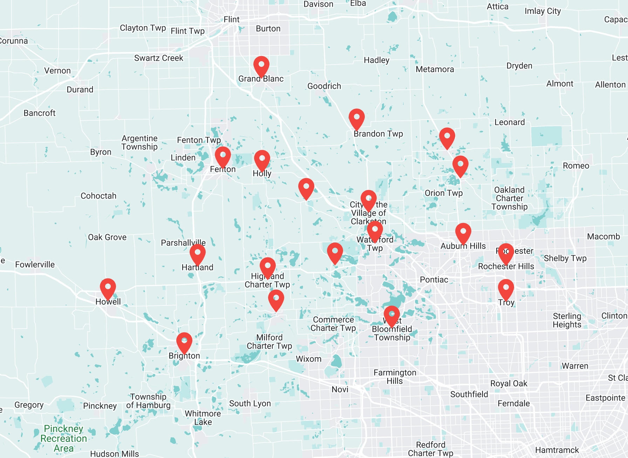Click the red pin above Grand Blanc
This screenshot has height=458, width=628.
[261, 65]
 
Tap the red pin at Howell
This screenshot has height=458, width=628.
[108, 288]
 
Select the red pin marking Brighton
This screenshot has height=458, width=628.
[184, 342]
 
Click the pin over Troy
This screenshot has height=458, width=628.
[506, 288]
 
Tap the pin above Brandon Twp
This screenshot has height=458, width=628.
[356, 118]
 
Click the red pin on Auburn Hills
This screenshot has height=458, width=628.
[463, 232]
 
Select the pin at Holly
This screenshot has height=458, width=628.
[262, 159]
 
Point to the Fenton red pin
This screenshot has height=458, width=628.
[223, 156]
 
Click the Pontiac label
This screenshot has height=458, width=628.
[434, 279]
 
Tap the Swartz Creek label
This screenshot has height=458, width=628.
[158, 58]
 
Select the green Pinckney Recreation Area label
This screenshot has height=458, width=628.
[63, 438]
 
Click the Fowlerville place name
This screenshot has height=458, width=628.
[35, 264]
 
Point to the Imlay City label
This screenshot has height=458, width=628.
[542, 11]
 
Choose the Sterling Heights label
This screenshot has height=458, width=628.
[567, 320]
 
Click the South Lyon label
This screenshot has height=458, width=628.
[250, 403]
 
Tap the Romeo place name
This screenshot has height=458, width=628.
[576, 166]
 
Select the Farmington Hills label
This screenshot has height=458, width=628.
[395, 377]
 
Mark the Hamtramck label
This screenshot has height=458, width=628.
[557, 450]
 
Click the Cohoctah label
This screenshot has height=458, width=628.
[98, 196]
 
